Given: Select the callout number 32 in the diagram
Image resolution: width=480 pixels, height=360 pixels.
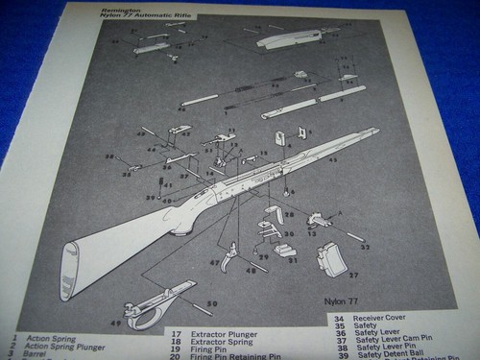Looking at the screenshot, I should [x=364, y=246].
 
